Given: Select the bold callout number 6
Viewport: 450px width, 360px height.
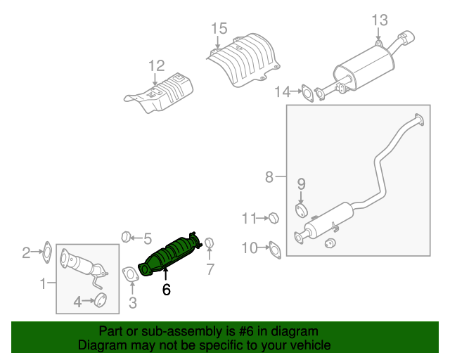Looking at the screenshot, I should tap(166, 289).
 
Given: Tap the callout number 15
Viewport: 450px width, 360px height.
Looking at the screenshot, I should tap(219, 29).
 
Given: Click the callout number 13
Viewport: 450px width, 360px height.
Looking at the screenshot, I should tap(380, 20).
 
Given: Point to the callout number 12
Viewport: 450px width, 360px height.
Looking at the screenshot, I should tap(156, 66).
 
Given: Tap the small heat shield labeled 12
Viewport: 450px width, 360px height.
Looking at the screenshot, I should tap(160, 94).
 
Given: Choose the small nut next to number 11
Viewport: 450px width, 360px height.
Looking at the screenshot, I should tap(275, 219).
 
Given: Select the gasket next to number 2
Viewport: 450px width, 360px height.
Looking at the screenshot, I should tap(46, 251).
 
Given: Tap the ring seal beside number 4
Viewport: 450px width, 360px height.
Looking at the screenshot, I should tap(101, 302).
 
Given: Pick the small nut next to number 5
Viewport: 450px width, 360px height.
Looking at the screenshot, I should tap(126, 236).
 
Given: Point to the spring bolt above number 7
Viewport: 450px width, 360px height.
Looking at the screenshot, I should tap(209, 244).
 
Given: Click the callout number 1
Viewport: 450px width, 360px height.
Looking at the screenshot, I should tap(43, 284).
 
